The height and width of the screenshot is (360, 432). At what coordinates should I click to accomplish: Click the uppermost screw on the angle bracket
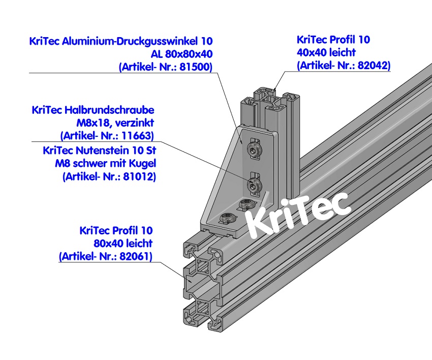point(253,148)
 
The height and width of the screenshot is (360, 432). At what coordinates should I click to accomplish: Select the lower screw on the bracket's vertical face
point(254,186)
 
